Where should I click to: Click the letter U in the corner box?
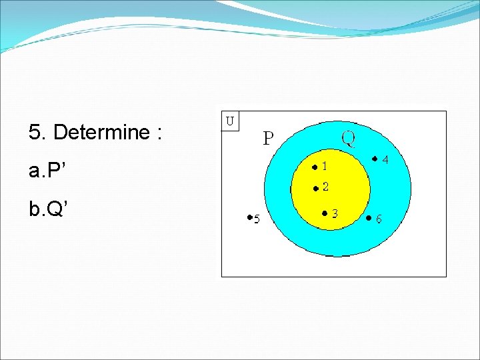tap(230, 121)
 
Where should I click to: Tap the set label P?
tap(268, 139)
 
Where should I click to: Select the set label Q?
tap(348, 138)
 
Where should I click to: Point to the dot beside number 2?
tap(315, 189)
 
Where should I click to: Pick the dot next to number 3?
tap(323, 213)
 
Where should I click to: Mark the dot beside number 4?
tap(375, 159)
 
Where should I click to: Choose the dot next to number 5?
tap(248, 217)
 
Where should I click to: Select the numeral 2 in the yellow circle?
tap(325, 187)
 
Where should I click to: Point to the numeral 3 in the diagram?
tap(335, 213)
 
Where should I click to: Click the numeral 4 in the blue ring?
tap(385, 160)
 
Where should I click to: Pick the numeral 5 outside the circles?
tap(256, 219)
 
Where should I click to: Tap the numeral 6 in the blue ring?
tap(379, 219)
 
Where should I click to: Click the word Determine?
tap(101, 133)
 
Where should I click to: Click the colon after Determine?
tap(158, 133)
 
